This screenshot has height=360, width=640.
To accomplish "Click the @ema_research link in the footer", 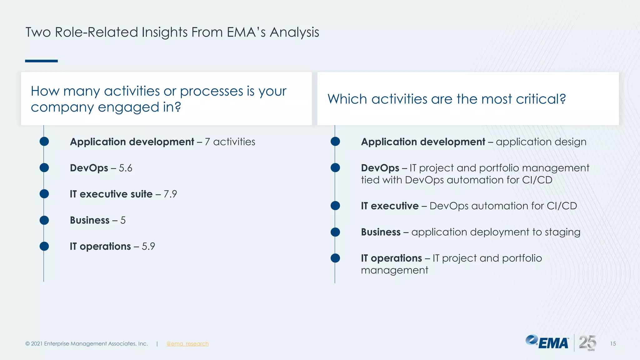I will pyautogui.click(x=187, y=344).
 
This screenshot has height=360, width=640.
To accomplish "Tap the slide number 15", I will pyautogui.click(x=613, y=344).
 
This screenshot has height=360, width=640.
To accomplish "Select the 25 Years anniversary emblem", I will pyautogui.click(x=587, y=343).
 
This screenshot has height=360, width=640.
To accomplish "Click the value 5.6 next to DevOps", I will pyautogui.click(x=125, y=168).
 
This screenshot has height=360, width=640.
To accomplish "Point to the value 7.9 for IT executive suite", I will pyautogui.click(x=170, y=194).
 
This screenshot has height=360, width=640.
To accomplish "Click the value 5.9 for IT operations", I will pyautogui.click(x=148, y=247).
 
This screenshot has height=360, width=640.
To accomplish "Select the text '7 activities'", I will pyautogui.click(x=230, y=142).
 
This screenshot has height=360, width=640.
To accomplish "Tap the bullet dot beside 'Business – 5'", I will pyautogui.click(x=44, y=220).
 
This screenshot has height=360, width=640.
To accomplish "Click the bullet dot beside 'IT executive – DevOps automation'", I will pyautogui.click(x=335, y=206).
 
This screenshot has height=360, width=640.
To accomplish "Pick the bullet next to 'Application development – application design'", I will pyautogui.click(x=335, y=142).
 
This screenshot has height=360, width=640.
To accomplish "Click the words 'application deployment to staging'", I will pyautogui.click(x=496, y=232).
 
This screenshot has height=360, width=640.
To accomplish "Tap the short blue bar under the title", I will pyautogui.click(x=41, y=61).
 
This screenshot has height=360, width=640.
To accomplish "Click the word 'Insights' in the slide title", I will pyautogui.click(x=164, y=32).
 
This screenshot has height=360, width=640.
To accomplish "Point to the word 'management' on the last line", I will pyautogui.click(x=394, y=270).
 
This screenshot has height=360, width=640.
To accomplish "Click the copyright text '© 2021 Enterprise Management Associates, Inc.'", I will pyautogui.click(x=87, y=344).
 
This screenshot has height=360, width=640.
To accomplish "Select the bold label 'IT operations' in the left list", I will pyautogui.click(x=100, y=247).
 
